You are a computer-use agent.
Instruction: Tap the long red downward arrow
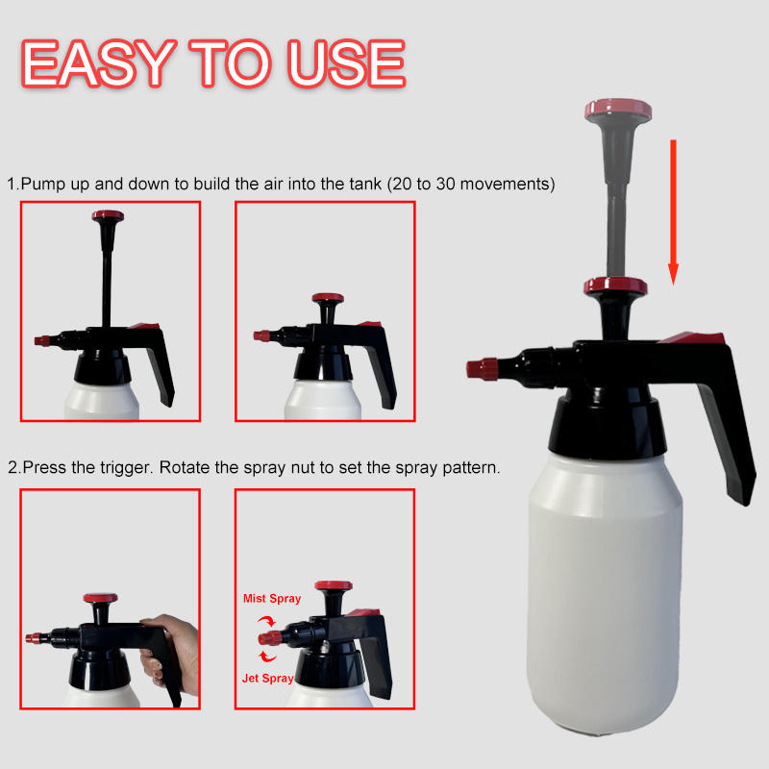pos(674,211)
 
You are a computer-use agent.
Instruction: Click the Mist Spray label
pos(271,598)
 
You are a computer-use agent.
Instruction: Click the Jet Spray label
pos(268,678)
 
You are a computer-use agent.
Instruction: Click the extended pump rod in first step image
pos(103,279)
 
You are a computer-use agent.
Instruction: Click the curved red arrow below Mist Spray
pos(261,621)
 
